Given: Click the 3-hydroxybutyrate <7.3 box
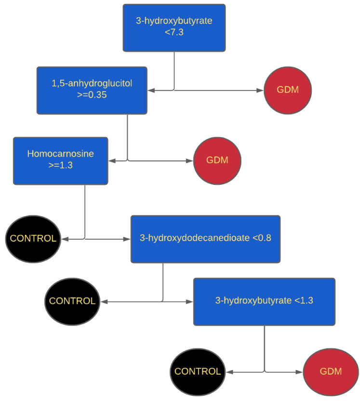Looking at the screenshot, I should point(174,27).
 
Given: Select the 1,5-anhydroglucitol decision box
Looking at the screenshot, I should point(92,90).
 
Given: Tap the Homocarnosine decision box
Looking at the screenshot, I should point(61,161).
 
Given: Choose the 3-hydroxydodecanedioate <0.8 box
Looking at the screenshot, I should point(205,239).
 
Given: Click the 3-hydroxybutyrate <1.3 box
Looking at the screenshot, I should point(264,301).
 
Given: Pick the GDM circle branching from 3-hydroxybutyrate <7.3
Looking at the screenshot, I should point(288,90).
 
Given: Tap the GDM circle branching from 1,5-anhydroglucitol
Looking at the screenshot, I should point(217,161).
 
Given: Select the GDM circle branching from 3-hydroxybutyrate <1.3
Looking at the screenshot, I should point(330,372).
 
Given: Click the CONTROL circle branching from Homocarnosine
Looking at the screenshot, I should point(33,238).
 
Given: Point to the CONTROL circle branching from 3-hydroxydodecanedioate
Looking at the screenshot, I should point(72,301).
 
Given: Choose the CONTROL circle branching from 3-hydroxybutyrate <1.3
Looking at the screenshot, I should point(198,372).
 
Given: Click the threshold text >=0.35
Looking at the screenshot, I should point(92,95).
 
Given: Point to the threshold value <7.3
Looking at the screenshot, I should point(174,33).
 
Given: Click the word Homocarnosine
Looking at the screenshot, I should point(61,155).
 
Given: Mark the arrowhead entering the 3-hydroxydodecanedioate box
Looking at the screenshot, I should point(128,239).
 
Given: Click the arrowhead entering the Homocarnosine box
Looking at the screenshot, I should point(112,161).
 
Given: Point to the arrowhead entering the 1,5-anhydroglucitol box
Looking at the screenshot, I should point(150,90).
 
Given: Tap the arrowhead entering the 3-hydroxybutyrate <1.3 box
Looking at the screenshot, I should point(190,302).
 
